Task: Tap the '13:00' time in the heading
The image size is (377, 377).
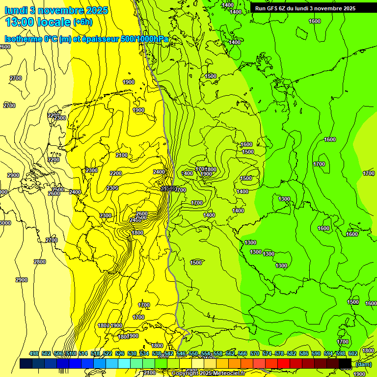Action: coord(19,22)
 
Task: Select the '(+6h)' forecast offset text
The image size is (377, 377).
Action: coord(82,23)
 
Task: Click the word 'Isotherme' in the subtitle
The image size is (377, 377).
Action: coord(22,39)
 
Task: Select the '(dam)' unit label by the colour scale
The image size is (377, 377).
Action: coord(363,364)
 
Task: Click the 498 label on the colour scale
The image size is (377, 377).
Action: coord(34,353)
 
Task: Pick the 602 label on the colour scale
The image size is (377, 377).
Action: coord(353,353)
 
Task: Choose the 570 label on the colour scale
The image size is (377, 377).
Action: coord(255,353)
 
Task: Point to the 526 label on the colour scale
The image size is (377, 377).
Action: coord(120,353)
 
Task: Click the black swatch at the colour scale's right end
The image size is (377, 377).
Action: coord(345,363)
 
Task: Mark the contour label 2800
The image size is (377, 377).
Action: coord(40,262)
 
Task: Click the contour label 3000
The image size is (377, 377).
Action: coord(4,223)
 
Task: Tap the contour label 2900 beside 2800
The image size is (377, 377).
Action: coord(22,280)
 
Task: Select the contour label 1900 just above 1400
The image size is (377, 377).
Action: coord(206,174)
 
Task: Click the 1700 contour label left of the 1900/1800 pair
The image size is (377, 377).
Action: coord(200,169)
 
